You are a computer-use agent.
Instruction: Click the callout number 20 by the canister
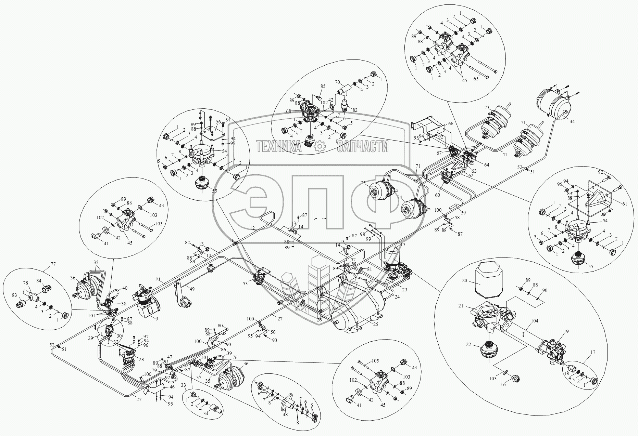pyautogui.click(x=464, y=280)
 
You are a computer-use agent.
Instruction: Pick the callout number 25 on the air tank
pyautogui.click(x=376, y=324)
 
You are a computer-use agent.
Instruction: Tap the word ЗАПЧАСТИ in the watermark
pyautogui.click(x=363, y=147)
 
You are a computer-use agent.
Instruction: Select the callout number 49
pyautogui.click(x=193, y=289)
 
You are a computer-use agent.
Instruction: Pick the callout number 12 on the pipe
pyautogui.click(x=252, y=228)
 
